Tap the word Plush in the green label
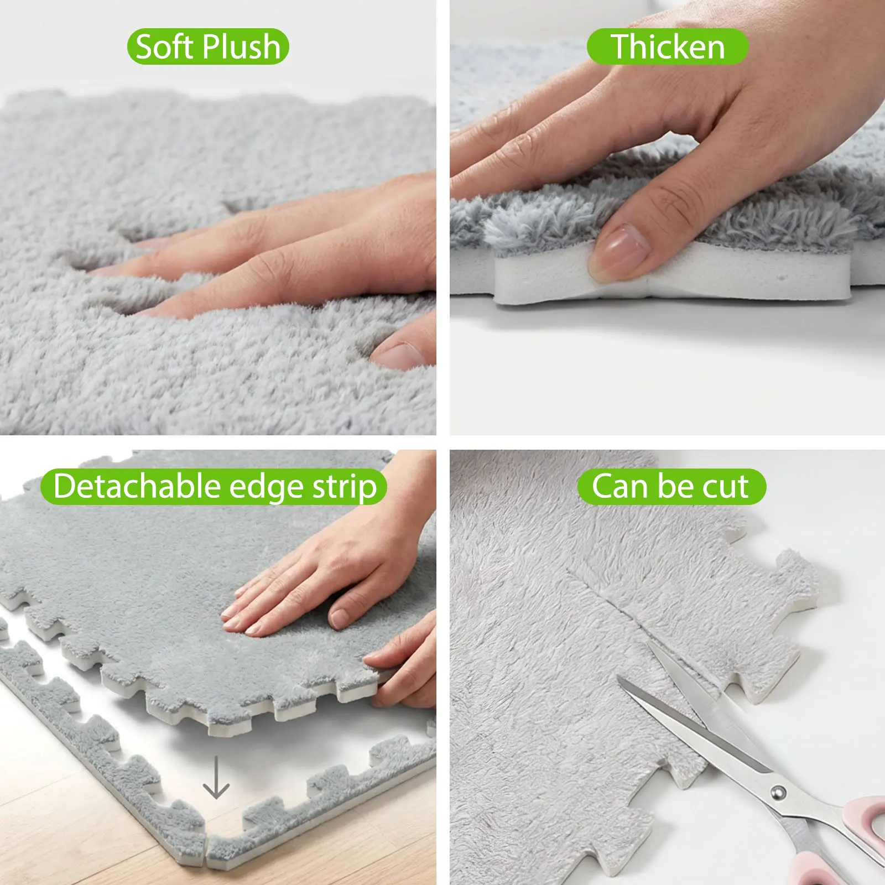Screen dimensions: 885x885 point(241,46)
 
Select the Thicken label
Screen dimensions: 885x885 point(668,46)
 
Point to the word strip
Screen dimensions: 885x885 point(345,488)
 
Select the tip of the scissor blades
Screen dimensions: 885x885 point(618,678)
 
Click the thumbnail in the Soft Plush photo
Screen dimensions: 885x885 point(399,355)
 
